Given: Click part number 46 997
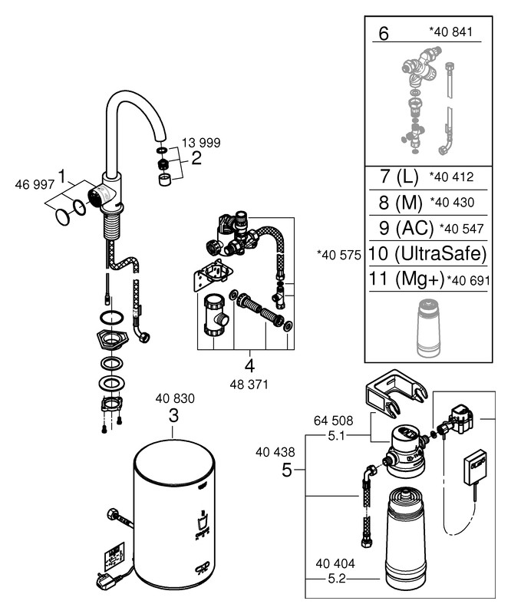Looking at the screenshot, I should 32,184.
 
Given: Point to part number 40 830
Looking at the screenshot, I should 175,398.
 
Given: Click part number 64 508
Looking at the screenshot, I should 332,421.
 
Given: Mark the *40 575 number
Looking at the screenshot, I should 339,254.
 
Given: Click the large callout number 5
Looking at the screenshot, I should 286,470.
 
